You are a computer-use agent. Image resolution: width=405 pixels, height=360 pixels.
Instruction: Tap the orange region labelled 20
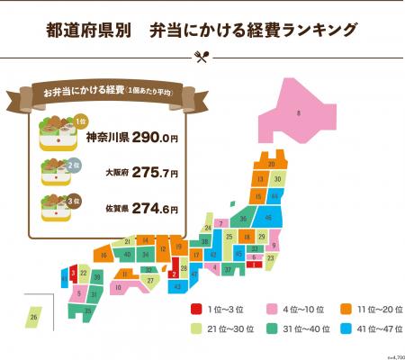271,165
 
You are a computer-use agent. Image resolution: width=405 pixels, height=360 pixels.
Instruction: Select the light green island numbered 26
33,316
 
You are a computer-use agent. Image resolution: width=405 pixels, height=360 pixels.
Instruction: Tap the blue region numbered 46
267,217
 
